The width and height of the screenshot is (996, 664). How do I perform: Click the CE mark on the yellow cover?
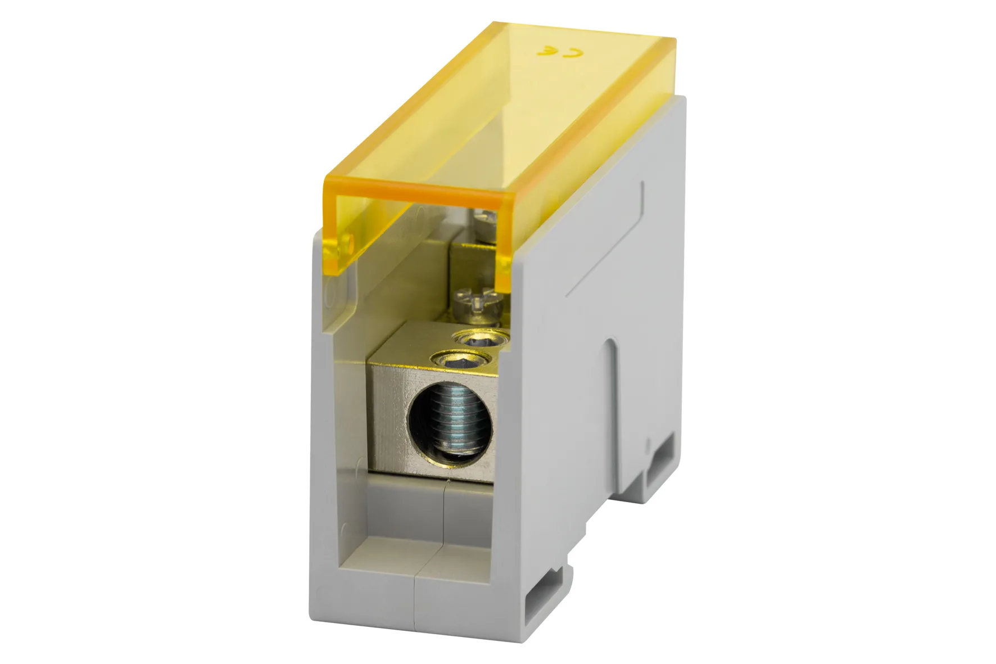coord(559,52)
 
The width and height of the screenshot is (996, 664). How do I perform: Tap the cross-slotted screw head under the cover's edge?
coord(476,302)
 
